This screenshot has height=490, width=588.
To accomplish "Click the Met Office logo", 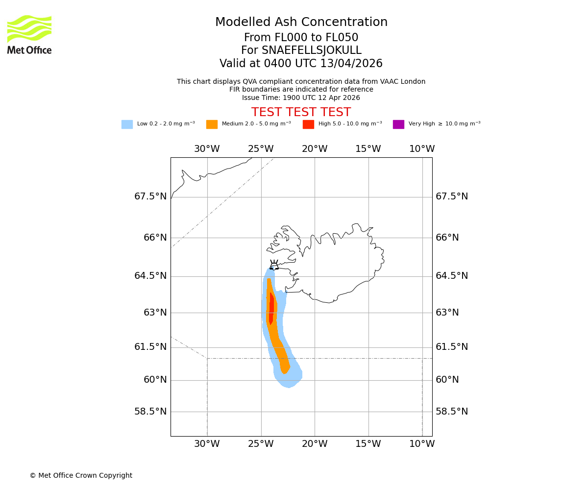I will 29,34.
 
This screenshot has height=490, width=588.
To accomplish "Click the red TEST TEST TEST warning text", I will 301,112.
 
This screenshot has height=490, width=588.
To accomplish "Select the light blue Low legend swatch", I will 127,124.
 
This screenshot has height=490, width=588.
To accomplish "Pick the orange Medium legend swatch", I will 212,124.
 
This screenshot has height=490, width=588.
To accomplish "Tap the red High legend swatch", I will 308,124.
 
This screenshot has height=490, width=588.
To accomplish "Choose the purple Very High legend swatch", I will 398,124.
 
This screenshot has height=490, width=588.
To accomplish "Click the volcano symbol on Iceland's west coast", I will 274,265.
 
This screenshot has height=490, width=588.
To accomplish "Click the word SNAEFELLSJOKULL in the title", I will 312,50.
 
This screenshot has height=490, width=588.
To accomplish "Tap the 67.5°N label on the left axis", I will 150,196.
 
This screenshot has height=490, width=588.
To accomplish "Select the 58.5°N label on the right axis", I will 452,412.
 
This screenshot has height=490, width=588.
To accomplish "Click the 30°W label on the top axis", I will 207,149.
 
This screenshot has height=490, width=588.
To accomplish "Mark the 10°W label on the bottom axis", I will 422,444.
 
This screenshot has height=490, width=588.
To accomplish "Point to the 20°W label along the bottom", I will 315,444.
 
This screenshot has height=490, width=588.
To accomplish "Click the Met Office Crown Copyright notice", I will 81,475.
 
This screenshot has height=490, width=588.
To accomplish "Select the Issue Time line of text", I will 301,98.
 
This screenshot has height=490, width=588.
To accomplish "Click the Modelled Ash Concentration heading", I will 301,22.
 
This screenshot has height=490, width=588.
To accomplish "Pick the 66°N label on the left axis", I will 155,238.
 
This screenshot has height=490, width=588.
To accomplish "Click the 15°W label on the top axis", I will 368,149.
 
